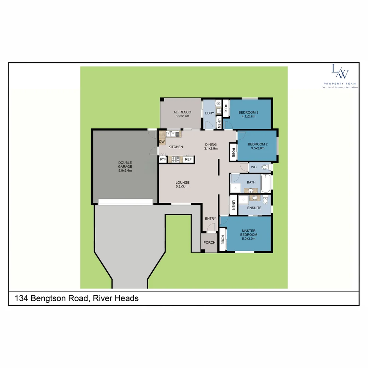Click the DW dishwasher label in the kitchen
(x=162, y=142)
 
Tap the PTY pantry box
(x=163, y=159)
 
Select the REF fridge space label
(x=188, y=159)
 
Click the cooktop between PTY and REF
(x=176, y=159)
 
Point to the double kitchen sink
(x=173, y=134)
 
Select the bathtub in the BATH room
(x=266, y=184)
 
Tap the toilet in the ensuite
(x=266, y=200)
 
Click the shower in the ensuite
(x=243, y=200)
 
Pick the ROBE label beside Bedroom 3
(x=226, y=108)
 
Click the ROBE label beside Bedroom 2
(x=233, y=152)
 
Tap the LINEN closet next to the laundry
(x=219, y=123)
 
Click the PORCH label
(x=209, y=243)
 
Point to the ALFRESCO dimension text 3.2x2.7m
(x=182, y=116)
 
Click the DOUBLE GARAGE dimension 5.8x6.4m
(x=125, y=170)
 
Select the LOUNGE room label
(x=183, y=182)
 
